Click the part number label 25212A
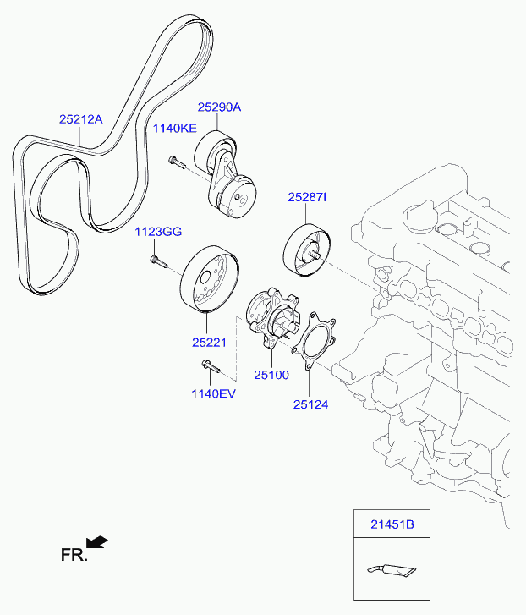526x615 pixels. coord(80,119)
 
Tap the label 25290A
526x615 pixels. coord(220,107)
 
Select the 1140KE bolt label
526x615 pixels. coord(174,128)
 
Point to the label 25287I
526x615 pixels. coord(307,197)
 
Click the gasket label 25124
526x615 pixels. coord(310,404)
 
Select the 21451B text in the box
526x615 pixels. coord(392,524)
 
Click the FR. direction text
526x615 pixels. coord(73,555)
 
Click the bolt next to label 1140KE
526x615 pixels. coord(175,161)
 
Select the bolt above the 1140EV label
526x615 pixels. coord(208,366)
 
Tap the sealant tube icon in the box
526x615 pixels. coord(392,571)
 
